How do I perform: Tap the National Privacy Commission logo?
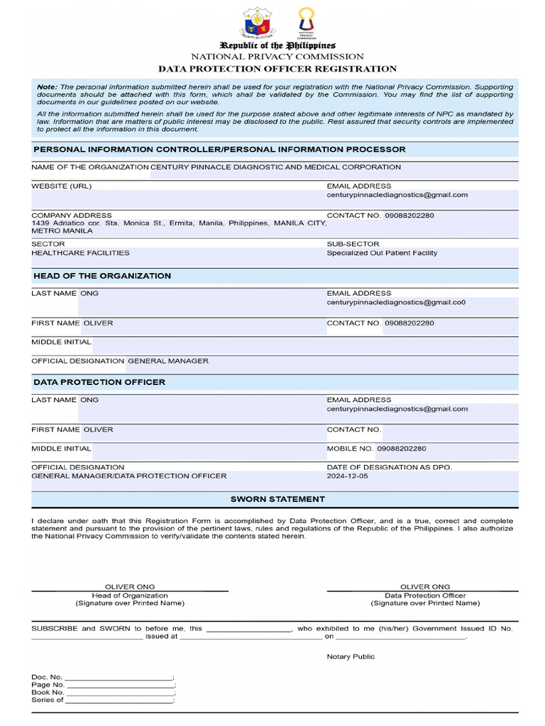point(306,23)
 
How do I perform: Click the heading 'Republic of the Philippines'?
point(277,45)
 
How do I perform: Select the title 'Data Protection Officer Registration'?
point(277,69)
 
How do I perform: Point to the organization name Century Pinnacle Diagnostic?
point(275,167)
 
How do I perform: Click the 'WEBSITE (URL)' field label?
point(61,186)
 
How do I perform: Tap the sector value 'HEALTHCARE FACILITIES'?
point(80,253)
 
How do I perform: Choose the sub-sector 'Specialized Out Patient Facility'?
point(382,253)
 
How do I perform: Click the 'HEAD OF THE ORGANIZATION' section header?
point(102,276)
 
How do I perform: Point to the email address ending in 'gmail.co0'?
point(396,302)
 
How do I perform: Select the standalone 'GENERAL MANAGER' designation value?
point(168,361)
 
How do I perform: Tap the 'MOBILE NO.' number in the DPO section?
point(402,449)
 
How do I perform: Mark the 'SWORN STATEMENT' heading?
point(277,499)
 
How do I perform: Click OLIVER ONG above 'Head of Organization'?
point(130,587)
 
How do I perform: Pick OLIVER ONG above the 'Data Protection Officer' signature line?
point(425,587)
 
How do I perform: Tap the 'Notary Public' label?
point(351,657)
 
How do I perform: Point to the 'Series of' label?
point(48,700)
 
